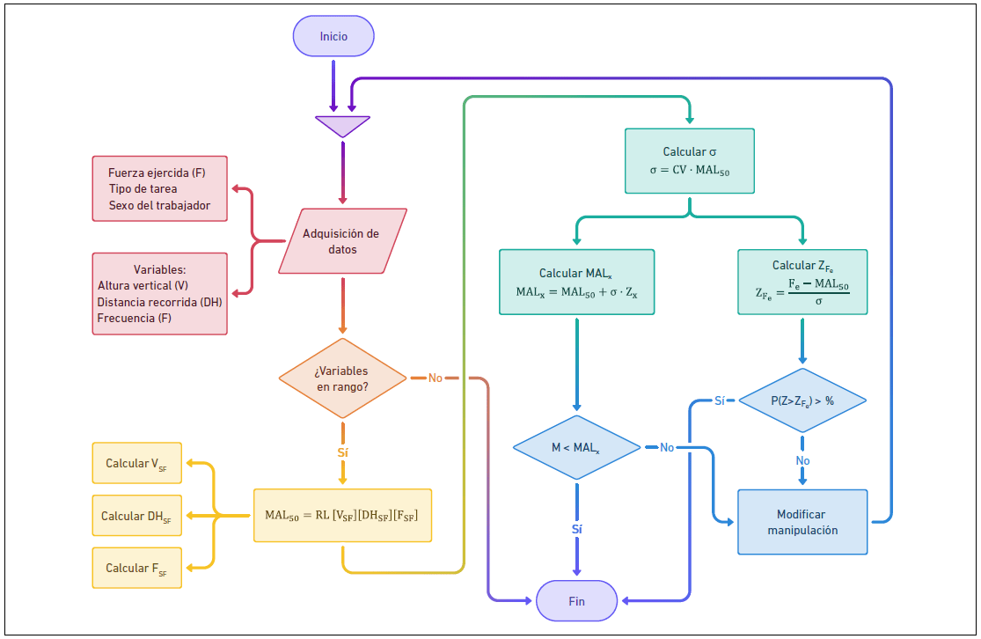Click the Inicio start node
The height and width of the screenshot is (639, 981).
coord(333,37)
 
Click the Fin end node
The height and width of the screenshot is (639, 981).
coord(576,601)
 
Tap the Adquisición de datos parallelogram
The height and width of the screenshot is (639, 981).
coord(342,241)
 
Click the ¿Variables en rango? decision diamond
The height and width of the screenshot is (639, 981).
coord(342,378)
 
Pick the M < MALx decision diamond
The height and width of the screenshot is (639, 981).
coord(576,448)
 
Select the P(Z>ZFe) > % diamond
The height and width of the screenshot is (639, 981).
coord(802,400)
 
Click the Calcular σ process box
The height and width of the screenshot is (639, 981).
coord(689,161)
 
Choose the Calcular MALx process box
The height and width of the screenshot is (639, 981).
coord(576,282)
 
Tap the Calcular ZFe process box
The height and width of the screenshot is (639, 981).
coord(802,282)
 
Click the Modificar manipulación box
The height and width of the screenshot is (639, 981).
coord(802,522)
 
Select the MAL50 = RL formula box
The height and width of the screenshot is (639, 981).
coord(342,515)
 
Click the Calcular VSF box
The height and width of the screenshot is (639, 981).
coord(136,463)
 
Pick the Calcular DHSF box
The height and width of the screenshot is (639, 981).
coord(136,516)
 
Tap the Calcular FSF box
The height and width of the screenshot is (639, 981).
coord(136,568)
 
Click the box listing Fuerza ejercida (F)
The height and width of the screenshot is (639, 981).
coord(159,188)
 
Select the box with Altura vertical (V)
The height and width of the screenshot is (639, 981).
coord(159,294)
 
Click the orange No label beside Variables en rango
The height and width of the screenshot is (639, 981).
coord(436,378)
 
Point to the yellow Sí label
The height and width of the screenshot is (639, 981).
coord(342,452)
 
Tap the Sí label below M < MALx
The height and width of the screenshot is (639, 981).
coord(576,530)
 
